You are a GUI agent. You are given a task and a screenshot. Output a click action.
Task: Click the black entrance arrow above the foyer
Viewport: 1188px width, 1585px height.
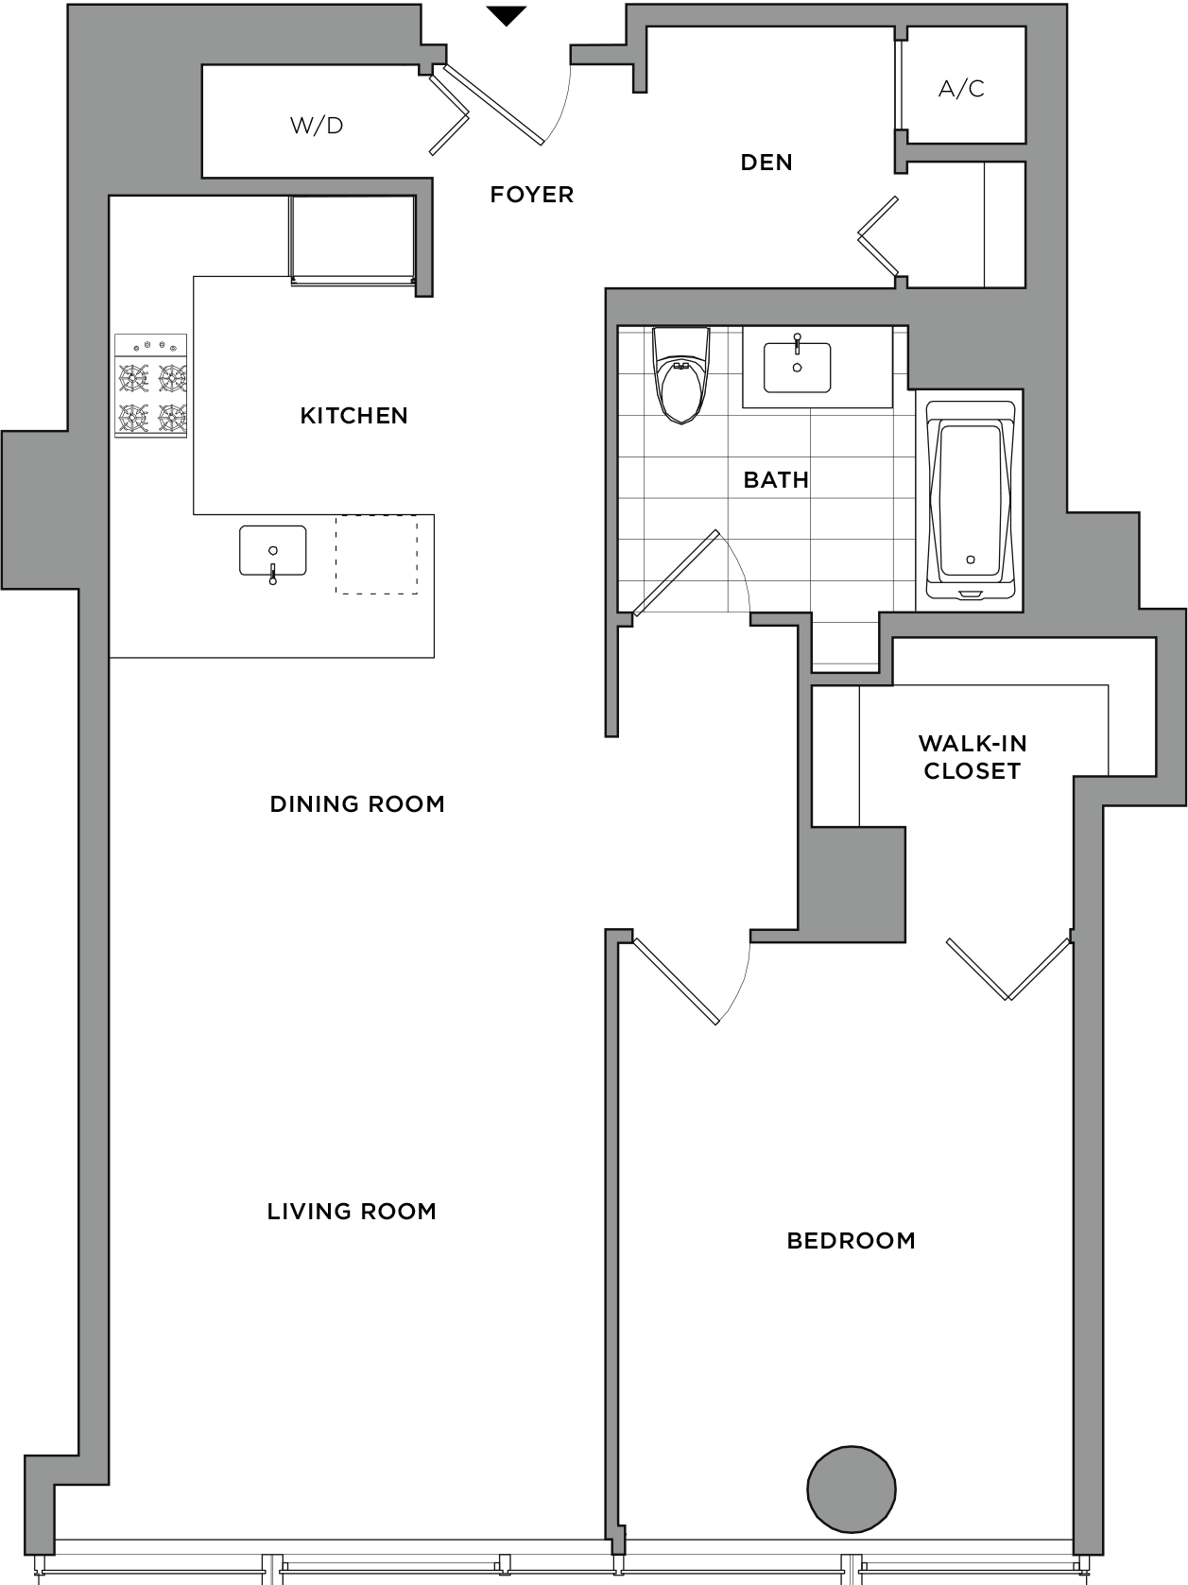pos(506,15)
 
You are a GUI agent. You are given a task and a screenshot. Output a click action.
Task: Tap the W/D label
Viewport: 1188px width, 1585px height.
pos(316,126)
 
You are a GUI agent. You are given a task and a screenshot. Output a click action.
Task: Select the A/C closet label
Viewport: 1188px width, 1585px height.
pos(960,88)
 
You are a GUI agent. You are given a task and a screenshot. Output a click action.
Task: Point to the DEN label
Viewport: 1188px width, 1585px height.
pos(766,163)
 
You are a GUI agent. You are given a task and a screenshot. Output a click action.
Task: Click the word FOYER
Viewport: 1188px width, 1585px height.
pos(532,195)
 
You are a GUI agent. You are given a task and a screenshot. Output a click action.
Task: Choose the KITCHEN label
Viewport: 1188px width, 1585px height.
pos(353,415)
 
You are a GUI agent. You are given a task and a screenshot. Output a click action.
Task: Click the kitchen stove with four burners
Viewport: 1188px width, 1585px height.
pos(151,386)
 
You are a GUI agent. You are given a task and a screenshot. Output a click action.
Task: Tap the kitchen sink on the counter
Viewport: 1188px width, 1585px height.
pos(273,552)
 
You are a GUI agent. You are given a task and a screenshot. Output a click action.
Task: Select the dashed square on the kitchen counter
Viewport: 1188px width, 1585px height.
pos(376,555)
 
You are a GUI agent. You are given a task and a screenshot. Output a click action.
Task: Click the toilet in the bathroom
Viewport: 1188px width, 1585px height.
pos(680,375)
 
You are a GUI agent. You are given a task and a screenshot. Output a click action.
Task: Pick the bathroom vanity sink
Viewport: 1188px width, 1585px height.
pos(797,366)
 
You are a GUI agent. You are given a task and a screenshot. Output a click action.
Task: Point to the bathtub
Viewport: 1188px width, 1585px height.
pos(970,500)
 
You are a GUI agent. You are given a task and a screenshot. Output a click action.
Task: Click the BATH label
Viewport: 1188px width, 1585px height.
pos(776,480)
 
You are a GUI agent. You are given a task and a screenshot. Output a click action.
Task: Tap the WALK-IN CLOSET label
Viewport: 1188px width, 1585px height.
pos(973,757)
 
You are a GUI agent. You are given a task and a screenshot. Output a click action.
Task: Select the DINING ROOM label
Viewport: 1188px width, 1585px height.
pos(357,803)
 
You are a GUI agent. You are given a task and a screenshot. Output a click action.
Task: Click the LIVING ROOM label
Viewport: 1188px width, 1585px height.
pos(352,1211)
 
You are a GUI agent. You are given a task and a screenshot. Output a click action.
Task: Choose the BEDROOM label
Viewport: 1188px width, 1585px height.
pos(851,1241)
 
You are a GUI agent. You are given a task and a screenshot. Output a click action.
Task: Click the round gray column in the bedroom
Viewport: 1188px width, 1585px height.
pos(852,1489)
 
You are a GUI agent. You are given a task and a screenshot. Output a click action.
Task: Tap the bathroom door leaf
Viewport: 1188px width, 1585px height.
pos(676,574)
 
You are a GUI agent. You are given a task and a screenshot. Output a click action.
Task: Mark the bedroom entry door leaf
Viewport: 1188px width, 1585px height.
pos(677,981)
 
